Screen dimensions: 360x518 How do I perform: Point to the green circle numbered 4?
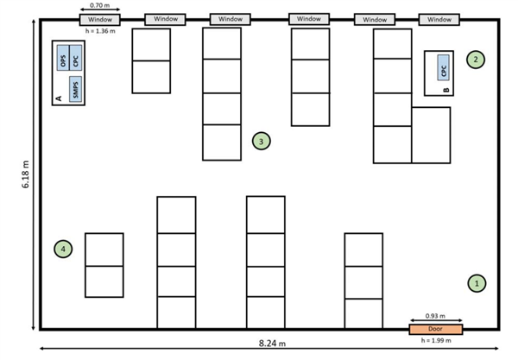(x=63, y=249)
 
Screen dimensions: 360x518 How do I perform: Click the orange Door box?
(x=436, y=329)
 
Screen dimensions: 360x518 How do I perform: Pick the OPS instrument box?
(x=62, y=60)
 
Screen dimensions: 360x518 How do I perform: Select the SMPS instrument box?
(x=76, y=89)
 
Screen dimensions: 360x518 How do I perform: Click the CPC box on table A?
(x=77, y=60)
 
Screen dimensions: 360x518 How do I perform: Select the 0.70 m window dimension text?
(x=98, y=6)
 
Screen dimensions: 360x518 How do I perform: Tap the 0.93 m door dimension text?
(x=436, y=317)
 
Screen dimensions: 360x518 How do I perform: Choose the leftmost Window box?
(x=99, y=19)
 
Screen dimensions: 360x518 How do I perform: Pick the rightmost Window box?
(x=439, y=19)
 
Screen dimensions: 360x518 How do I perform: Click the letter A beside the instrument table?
(x=59, y=100)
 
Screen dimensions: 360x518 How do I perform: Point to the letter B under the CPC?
(x=445, y=90)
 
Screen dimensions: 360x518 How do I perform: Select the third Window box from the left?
(x=231, y=19)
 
